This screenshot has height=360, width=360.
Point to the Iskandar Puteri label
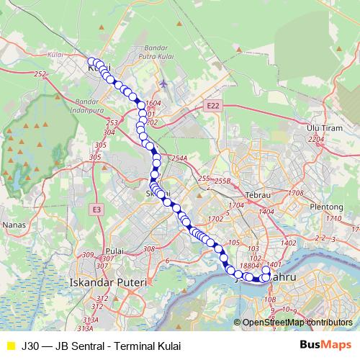[x=106, y=282]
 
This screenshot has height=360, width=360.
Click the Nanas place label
[x=14, y=225]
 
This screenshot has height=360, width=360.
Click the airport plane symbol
[x=164, y=83]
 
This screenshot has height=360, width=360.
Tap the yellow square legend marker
[x=10, y=346]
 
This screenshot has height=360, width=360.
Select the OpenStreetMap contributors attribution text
[x=297, y=323]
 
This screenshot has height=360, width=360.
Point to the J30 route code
[x=30, y=346]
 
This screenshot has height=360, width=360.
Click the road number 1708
[x=295, y=194]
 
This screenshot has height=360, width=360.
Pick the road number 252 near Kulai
[x=40, y=74]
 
